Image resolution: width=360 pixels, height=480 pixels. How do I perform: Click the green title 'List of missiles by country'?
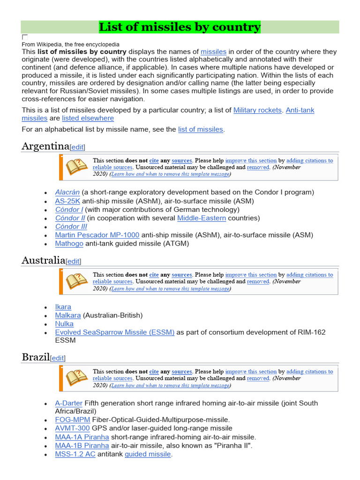[x=180, y=27]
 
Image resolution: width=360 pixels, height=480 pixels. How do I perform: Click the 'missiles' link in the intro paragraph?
[x=213, y=52]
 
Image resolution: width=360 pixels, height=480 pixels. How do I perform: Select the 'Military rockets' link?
[x=257, y=110]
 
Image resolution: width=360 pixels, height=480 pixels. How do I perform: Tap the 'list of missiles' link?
[x=200, y=129]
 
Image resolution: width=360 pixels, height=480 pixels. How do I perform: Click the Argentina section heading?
[x=45, y=146]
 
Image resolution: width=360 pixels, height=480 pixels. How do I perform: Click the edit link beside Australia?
[x=73, y=261]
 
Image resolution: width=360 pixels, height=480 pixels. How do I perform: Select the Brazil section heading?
[x=36, y=357]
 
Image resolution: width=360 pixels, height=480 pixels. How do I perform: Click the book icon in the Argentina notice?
[x=76, y=167]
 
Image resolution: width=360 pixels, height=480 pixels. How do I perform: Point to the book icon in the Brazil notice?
[x=76, y=378]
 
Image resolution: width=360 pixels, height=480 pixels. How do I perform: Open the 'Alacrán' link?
[x=67, y=192]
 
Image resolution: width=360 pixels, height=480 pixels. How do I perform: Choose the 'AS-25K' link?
[x=67, y=201]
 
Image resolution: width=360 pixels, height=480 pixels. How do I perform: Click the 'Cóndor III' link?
[x=71, y=226]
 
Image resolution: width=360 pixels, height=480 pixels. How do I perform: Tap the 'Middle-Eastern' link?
[x=201, y=218]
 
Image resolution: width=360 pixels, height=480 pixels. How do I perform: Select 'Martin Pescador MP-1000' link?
[x=97, y=235]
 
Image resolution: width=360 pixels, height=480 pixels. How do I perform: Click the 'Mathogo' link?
[x=69, y=243]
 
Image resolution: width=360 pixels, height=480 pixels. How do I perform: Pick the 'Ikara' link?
[x=63, y=307]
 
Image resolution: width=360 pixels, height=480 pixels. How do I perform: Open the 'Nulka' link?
[x=64, y=323]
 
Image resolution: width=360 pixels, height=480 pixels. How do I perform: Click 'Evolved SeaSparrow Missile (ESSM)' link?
[x=114, y=332]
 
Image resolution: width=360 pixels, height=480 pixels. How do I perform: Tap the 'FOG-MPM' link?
[x=72, y=420]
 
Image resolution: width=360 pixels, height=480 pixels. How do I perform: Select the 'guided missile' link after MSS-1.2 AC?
[x=148, y=454]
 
